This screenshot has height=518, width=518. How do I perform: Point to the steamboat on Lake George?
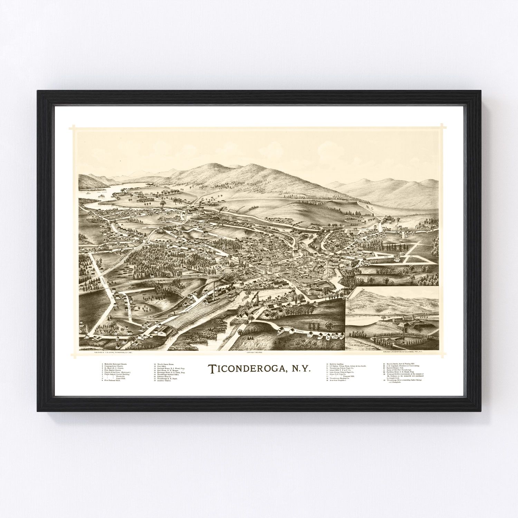point(102,196)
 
